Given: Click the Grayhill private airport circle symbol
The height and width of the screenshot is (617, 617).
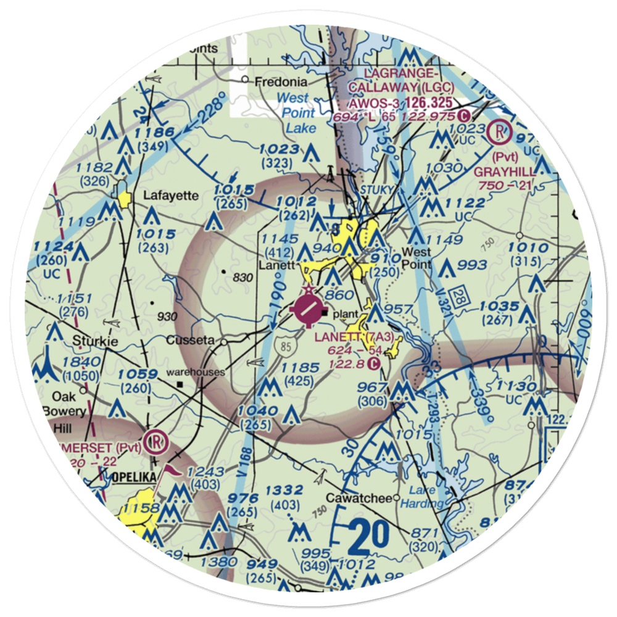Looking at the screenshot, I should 498,131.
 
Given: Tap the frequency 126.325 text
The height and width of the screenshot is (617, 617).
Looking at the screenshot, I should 425,102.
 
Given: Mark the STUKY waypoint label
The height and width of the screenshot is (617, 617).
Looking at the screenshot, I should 376,189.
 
